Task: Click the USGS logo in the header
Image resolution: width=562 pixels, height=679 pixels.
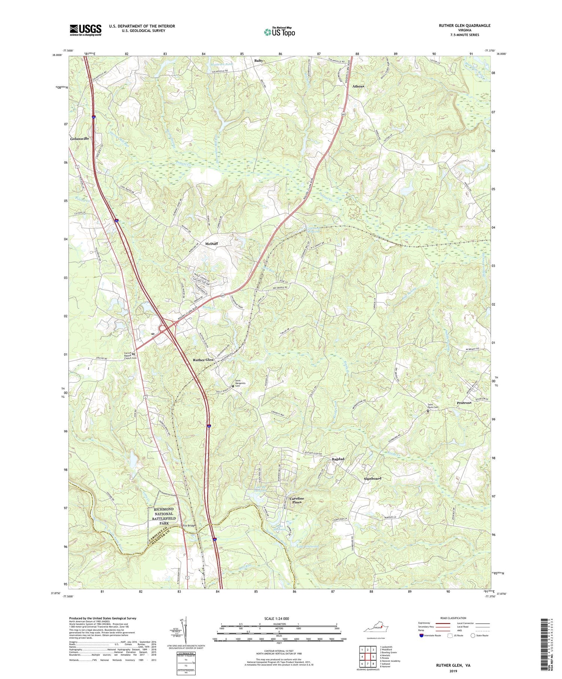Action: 85,30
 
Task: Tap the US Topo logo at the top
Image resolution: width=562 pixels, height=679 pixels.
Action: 279,32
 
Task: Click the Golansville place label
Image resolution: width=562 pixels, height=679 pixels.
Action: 79,139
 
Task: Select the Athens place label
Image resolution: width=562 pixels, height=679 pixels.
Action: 358,87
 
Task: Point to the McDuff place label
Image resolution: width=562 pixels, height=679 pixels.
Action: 211,243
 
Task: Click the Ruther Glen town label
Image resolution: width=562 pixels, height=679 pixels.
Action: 203,360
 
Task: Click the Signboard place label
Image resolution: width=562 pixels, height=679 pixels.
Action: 372,479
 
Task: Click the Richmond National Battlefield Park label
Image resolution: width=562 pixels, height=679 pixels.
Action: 163,516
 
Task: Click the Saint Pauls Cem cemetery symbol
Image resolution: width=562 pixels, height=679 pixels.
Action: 428,411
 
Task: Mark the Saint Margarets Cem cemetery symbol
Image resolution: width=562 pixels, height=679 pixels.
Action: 233,386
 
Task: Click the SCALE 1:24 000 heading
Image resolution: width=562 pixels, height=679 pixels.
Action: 279,618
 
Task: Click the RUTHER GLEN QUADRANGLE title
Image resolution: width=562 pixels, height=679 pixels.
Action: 465,25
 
